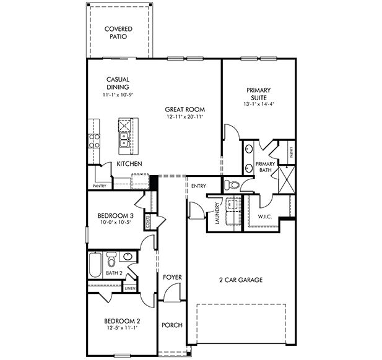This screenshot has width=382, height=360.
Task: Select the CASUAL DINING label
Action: (x=117, y=87)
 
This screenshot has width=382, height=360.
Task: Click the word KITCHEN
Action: (x=129, y=164)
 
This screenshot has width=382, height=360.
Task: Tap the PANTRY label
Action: (x=99, y=186)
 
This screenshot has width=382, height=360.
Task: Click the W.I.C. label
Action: (x=264, y=217)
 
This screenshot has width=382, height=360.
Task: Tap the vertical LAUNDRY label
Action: (x=217, y=214)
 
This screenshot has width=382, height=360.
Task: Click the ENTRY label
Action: (x=199, y=186)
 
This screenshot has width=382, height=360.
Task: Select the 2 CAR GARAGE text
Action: (x=241, y=280)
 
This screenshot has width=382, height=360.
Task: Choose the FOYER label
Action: (x=171, y=278)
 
